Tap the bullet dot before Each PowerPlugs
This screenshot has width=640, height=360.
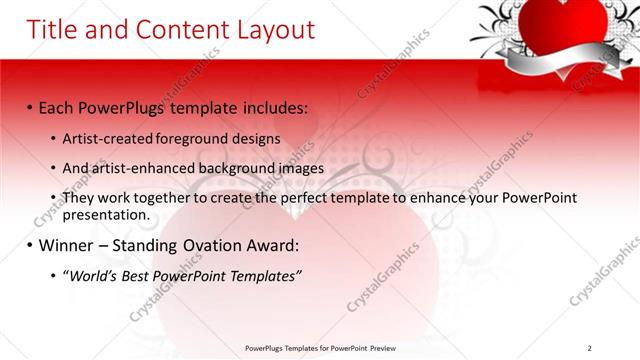(30, 108)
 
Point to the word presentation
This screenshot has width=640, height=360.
(105, 214)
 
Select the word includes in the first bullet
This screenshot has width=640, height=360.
(270, 108)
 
